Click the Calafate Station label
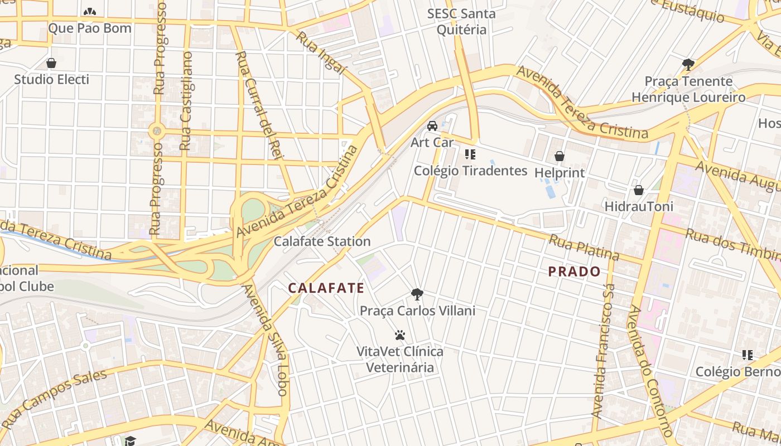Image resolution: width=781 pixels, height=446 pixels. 322,241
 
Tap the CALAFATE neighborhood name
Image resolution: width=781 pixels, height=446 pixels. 326,288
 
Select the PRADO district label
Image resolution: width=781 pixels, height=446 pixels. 574,272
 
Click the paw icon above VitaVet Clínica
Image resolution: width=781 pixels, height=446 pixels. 399,335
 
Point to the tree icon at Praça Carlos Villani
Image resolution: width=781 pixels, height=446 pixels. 417,294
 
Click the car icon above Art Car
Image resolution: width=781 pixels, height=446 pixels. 432,125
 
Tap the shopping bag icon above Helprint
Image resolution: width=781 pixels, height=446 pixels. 559,157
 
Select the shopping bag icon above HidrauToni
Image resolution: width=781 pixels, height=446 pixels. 638,190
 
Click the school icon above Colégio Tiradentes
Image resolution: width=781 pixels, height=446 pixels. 470,154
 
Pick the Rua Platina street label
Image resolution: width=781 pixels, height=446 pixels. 584,248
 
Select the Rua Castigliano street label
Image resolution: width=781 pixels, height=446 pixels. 186,101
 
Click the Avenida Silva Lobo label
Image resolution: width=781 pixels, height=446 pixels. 265,340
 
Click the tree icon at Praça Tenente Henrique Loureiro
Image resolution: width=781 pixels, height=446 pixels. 688,64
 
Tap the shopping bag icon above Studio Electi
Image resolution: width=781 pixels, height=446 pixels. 51,63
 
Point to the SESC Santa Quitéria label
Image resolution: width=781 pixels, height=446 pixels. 461,21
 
